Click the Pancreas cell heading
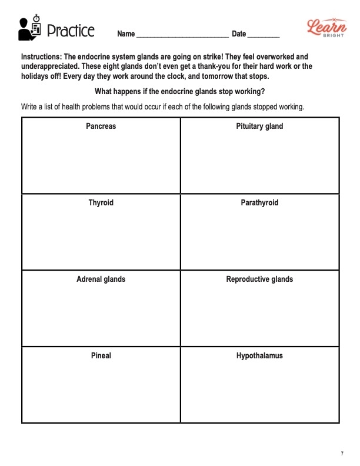pos(101,127)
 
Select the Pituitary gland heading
pos(259,127)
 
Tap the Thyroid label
pos(101,203)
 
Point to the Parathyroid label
pos(259,203)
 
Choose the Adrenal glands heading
pos(101,279)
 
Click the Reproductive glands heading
pos(259,279)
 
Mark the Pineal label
pos(101,356)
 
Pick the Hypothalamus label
pos(259,356)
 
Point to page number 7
pos(342,453)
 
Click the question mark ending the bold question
pos(262,92)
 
